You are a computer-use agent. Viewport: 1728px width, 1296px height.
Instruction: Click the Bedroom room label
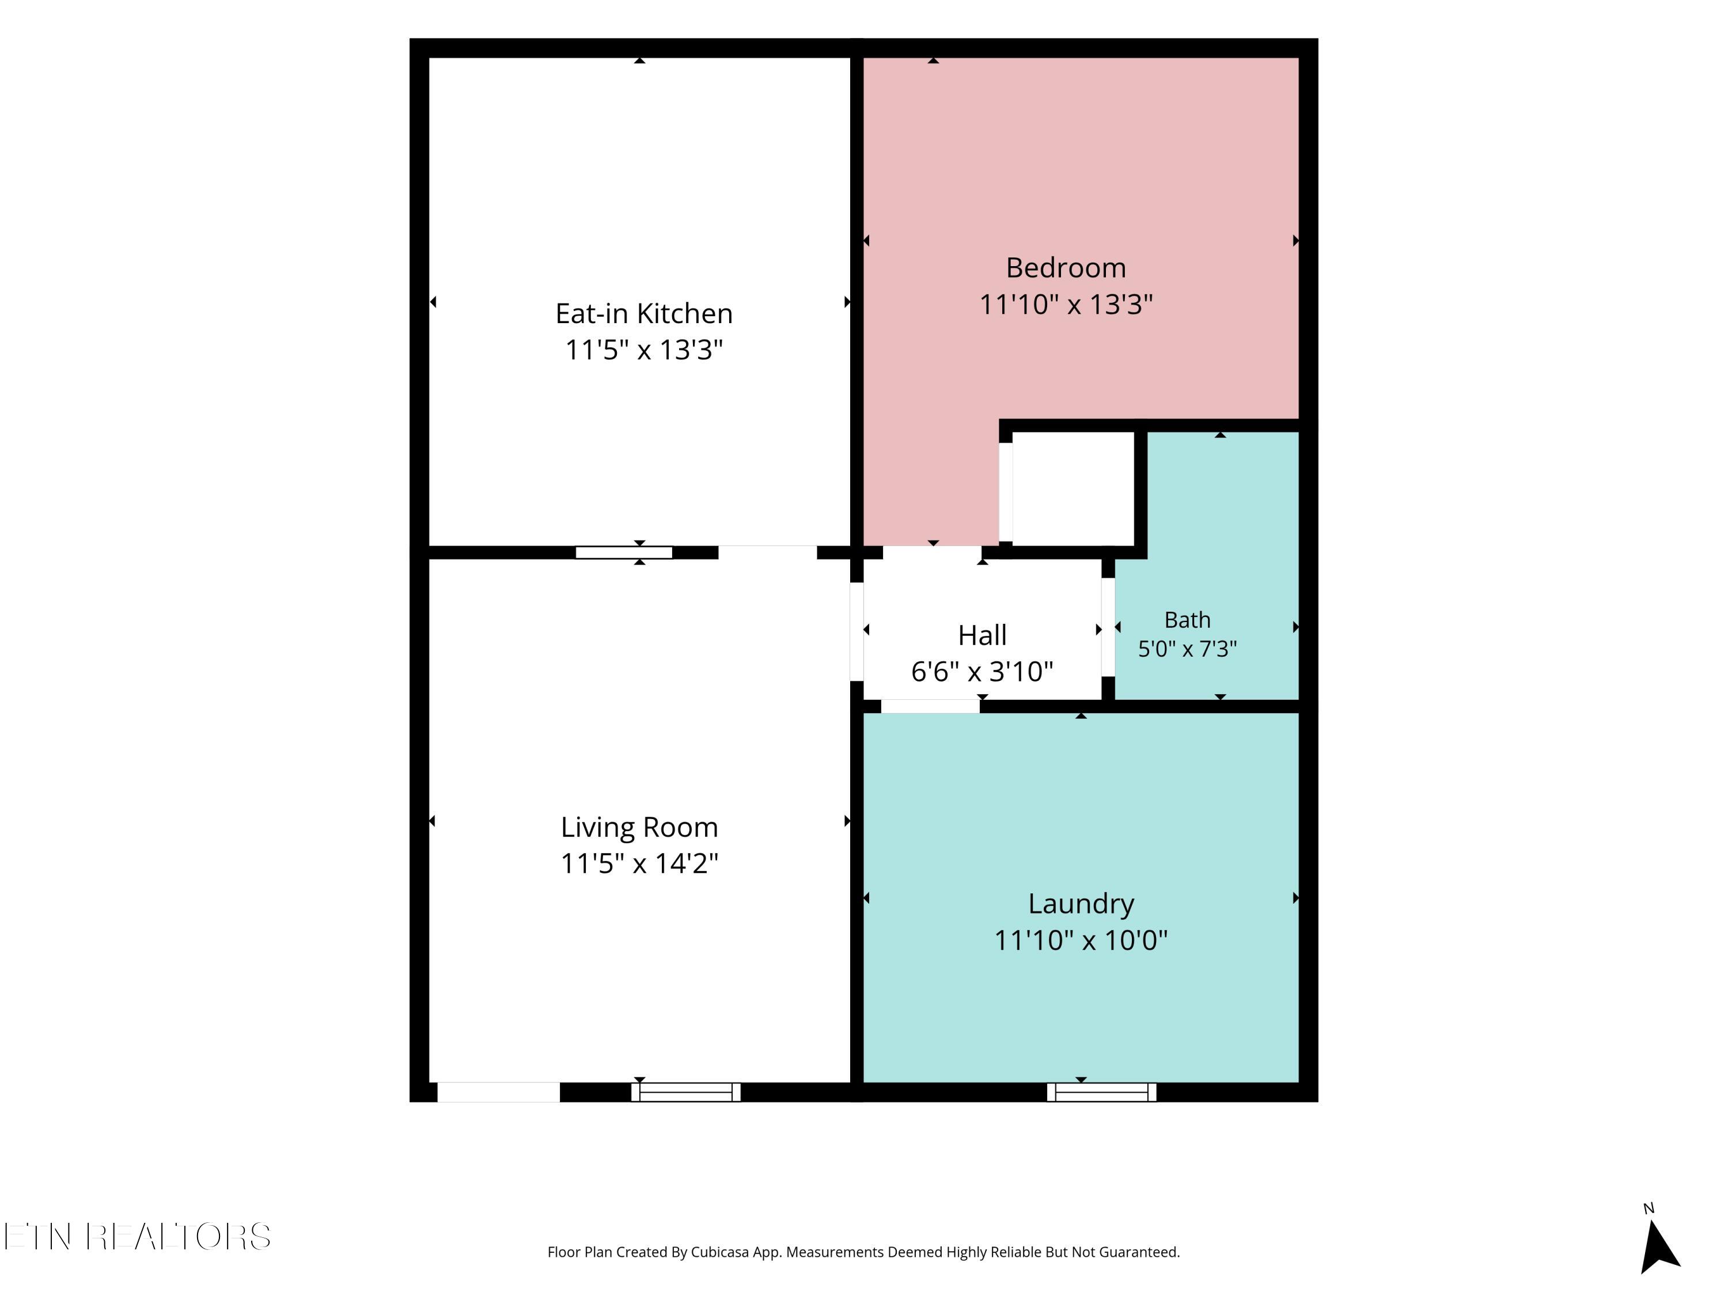[1066, 268]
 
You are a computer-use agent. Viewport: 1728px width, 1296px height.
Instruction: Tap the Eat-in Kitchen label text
[644, 313]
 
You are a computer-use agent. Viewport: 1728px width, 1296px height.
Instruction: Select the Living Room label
[639, 827]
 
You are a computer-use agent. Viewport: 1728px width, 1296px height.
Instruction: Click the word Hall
[982, 635]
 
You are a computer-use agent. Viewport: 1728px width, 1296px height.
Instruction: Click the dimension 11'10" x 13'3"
[1066, 304]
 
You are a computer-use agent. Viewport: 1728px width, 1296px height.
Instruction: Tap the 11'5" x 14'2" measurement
[639, 863]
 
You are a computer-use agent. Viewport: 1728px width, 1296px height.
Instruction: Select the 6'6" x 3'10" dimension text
[982, 671]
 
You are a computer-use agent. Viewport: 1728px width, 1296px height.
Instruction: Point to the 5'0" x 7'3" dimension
[1187, 649]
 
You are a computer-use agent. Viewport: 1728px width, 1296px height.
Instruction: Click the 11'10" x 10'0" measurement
[1081, 940]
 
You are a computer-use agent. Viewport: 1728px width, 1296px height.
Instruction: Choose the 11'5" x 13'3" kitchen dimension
[644, 349]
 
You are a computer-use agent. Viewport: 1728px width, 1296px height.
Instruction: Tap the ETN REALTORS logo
[138, 1237]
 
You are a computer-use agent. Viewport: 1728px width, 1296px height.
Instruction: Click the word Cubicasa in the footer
[719, 1252]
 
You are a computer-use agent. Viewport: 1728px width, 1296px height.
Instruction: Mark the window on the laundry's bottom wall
[1101, 1092]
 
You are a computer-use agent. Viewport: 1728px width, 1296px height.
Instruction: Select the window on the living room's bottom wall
[686, 1092]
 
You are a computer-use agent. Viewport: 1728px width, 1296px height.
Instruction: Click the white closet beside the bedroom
[1073, 488]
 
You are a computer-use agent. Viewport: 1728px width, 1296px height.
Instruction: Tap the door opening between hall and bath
[1108, 627]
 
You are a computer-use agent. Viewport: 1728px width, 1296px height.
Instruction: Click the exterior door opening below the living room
[498, 1092]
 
